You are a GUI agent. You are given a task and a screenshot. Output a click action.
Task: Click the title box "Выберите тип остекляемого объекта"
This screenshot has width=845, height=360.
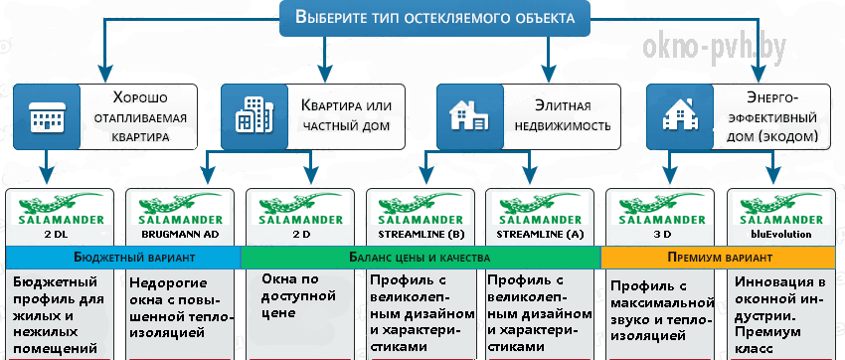click(x=434, y=18)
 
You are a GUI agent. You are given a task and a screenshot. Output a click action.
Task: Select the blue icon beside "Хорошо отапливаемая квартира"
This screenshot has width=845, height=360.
click(x=47, y=116)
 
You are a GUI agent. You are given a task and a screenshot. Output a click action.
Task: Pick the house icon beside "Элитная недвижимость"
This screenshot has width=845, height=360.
click(x=469, y=116)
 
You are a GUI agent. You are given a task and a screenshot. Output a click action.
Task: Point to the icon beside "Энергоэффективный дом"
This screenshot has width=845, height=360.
click(x=680, y=116)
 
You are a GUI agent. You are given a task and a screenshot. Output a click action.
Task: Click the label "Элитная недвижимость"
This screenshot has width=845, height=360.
click(x=564, y=116)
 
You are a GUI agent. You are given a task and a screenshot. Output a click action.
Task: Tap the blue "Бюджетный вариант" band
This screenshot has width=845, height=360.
click(x=123, y=258)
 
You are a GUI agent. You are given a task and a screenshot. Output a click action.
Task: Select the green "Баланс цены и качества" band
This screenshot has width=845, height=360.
click(x=421, y=258)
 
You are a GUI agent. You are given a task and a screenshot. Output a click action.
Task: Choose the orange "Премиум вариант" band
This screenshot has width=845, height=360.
click(x=720, y=258)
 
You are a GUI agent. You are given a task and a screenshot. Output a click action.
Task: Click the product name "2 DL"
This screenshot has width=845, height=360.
click(x=61, y=235)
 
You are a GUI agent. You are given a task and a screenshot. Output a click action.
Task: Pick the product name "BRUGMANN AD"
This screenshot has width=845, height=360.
click(x=180, y=235)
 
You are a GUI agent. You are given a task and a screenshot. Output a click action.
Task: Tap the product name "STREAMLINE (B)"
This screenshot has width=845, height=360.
click(x=421, y=235)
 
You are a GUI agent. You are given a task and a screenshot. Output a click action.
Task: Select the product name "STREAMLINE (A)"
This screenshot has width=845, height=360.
click(x=541, y=235)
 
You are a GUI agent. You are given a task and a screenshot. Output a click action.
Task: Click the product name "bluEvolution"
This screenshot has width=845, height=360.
click(x=780, y=235)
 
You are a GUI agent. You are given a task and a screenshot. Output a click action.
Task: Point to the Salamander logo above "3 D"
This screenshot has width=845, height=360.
click(x=661, y=210)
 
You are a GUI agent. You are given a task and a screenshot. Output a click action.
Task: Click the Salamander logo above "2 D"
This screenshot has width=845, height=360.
click(x=300, y=210)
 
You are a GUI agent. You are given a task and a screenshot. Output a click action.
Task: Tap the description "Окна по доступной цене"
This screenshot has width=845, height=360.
click(x=298, y=296)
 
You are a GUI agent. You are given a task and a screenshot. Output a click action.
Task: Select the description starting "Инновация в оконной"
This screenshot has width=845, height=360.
click(x=772, y=314)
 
